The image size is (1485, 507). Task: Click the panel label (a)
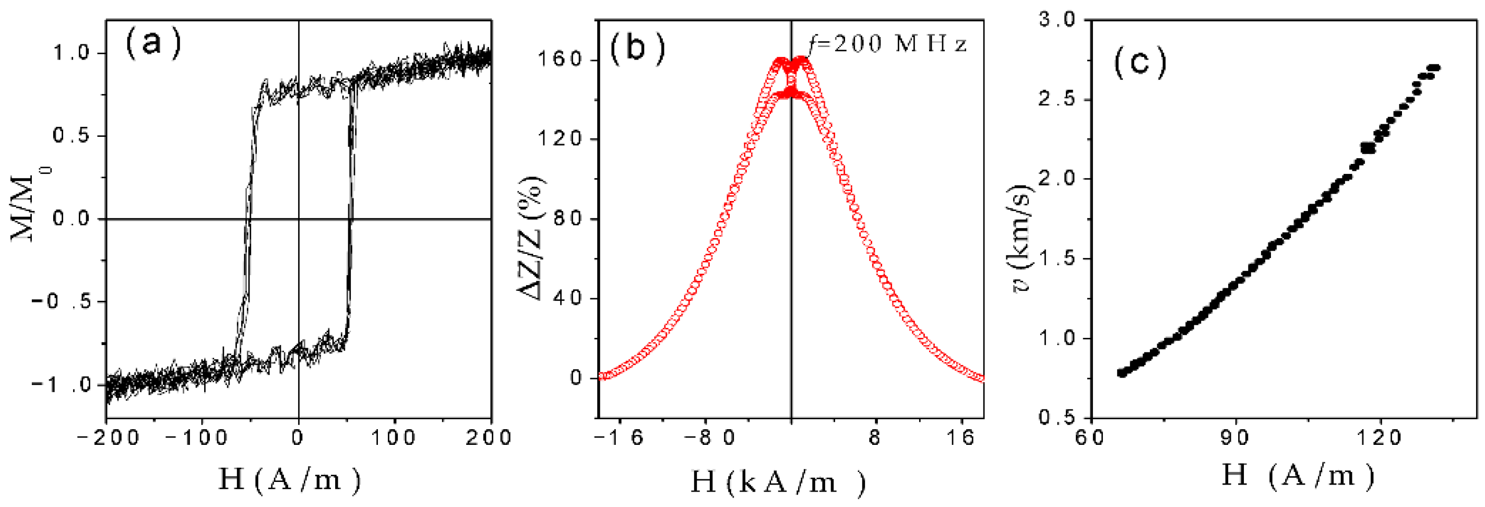(x=153, y=43)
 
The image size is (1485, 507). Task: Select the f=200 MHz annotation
(x=888, y=43)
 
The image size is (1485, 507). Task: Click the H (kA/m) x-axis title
(x=778, y=481)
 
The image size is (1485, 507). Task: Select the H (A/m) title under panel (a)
(x=289, y=479)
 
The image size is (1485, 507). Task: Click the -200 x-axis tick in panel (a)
(x=109, y=438)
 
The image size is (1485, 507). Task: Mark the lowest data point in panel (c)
(x=1121, y=373)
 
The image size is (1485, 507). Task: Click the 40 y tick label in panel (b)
(x=567, y=298)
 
